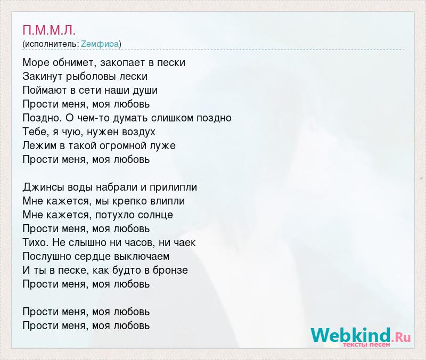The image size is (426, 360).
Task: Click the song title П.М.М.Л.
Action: [49, 30]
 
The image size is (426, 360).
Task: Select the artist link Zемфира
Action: [100, 44]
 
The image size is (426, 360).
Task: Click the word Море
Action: [36, 62]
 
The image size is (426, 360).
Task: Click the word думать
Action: [130, 118]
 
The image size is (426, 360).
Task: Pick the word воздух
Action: [138, 132]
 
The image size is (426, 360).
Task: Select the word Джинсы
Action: [43, 187]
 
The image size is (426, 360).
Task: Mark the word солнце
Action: [155, 215]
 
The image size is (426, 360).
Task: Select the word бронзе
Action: [170, 271]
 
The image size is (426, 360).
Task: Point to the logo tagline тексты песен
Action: [366, 345]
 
